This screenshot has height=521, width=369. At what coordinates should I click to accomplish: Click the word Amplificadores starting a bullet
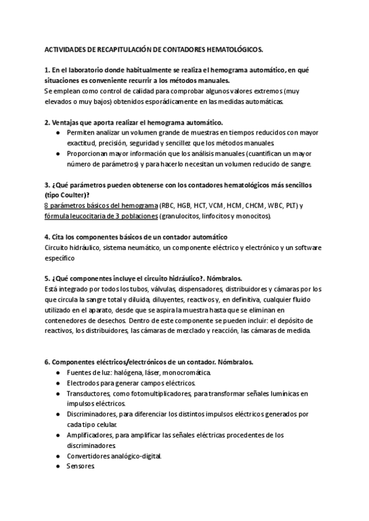[x=92, y=435]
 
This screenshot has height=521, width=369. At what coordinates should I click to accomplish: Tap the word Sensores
[x=81, y=466]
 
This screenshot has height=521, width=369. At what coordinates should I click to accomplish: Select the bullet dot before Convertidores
[x=57, y=456]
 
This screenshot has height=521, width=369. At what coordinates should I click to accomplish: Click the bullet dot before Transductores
[x=57, y=394]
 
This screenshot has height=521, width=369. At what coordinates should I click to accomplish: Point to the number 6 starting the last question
[x=47, y=361]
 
